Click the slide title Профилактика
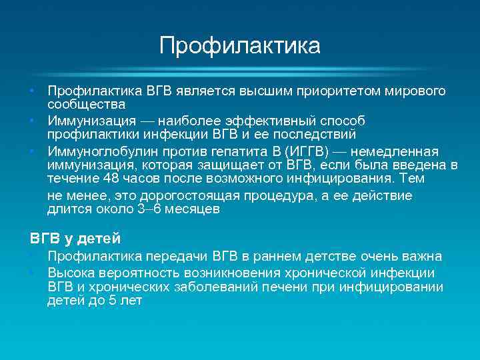tap(239, 46)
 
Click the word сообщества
tap(87, 105)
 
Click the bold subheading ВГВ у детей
tap(75, 237)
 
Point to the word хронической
tap(314, 273)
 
